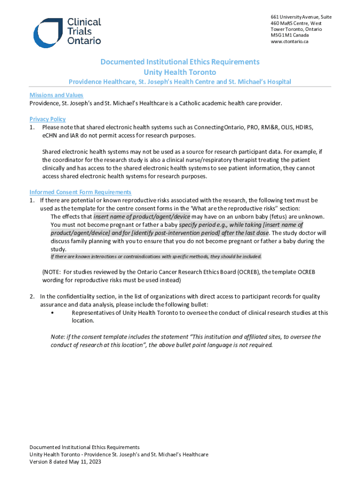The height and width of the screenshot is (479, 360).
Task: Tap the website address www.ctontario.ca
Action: (x=289, y=42)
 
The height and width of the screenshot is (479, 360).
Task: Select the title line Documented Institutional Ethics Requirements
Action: (x=180, y=62)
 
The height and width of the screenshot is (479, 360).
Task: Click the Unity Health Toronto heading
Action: (x=180, y=72)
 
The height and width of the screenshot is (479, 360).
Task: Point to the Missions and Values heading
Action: (x=56, y=95)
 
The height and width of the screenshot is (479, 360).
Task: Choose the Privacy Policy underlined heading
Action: (x=47, y=119)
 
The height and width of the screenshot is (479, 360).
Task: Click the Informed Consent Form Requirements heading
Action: (x=80, y=192)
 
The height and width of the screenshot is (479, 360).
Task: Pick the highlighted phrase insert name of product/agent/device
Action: (x=142, y=217)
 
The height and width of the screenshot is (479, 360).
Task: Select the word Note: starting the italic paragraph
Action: (x=58, y=337)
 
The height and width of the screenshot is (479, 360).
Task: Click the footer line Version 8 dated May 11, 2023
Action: (x=65, y=462)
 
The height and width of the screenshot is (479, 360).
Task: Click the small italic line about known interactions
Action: (x=156, y=256)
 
